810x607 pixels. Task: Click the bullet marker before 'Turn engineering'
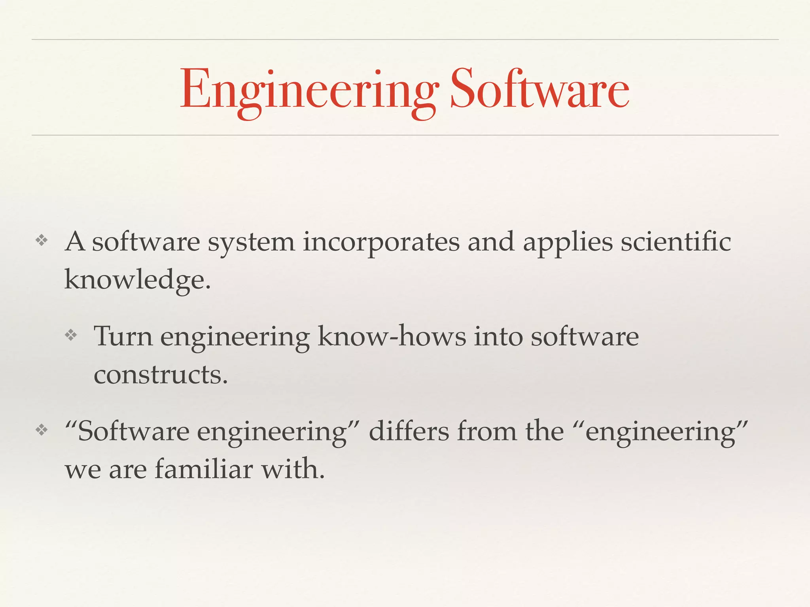pyautogui.click(x=71, y=336)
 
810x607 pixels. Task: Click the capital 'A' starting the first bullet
pyautogui.click(x=75, y=241)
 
